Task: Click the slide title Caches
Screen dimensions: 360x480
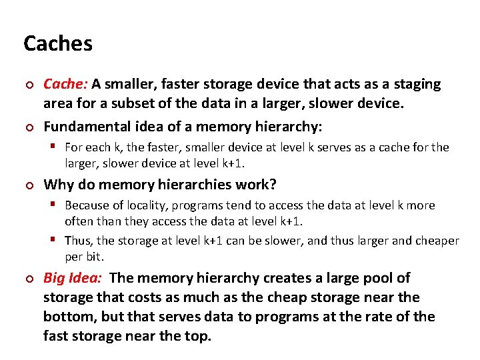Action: click(58, 44)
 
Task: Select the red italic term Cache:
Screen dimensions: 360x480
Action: click(65, 84)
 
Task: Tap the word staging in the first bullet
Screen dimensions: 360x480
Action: click(418, 84)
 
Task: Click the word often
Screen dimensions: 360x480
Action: click(79, 221)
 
